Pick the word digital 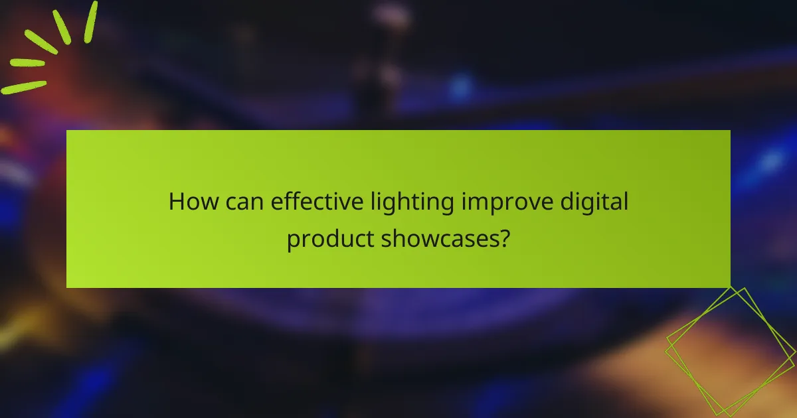(x=595, y=201)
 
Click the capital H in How (x=176, y=201)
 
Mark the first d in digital (x=570, y=201)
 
